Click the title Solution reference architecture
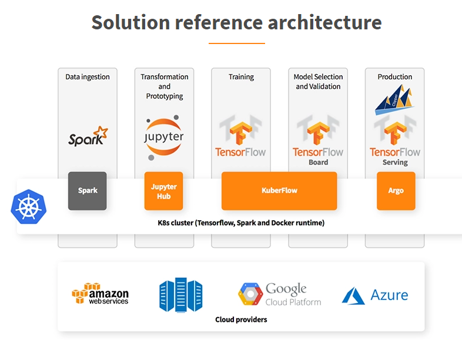point(236,23)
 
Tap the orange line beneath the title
point(236,43)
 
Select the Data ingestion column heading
point(88,77)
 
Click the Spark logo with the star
point(88,136)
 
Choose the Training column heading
point(241,77)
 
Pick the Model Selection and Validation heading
point(318,82)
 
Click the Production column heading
point(394,77)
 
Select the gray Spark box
point(88,191)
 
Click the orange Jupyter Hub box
point(164,191)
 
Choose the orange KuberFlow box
point(279,191)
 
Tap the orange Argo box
point(396,191)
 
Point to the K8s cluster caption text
point(241,223)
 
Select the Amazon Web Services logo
point(100,294)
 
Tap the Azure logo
point(375,295)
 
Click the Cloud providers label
point(241,319)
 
